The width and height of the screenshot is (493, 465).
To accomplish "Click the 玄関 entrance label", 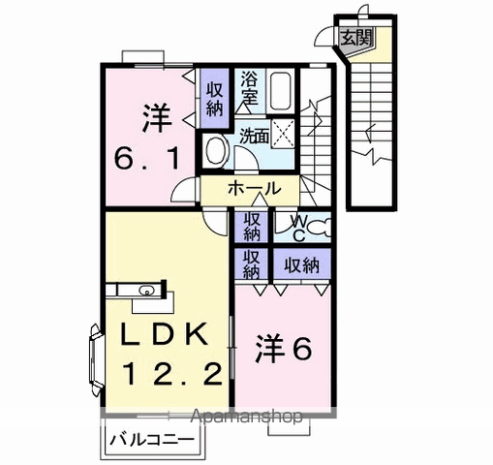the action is [x=356, y=38].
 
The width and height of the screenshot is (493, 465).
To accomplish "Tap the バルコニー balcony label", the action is [x=152, y=440].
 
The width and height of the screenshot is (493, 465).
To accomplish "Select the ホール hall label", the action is [x=254, y=189].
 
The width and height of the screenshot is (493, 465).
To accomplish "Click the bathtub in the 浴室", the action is [x=280, y=91].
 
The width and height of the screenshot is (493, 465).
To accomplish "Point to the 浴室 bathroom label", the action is [x=249, y=90].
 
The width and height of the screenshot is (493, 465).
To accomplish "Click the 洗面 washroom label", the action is [x=254, y=136].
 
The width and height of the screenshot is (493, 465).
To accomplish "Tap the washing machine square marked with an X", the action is [x=283, y=134].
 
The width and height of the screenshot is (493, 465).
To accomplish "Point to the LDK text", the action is [x=164, y=334].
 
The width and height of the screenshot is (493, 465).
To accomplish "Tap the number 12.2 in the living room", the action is [x=171, y=374].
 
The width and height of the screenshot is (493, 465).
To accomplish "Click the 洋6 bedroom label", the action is [x=284, y=349].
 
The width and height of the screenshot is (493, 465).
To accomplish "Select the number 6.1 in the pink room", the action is [x=147, y=157].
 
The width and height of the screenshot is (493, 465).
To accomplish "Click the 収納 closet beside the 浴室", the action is [x=215, y=99].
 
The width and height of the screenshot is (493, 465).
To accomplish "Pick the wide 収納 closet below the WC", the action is [x=302, y=264].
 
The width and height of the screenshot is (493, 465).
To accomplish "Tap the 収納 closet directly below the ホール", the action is [x=252, y=228].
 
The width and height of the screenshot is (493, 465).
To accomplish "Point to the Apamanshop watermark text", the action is [x=247, y=417].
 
